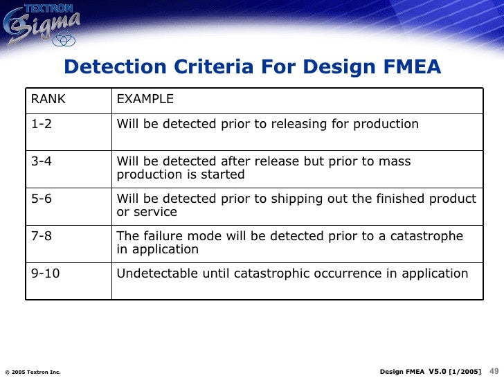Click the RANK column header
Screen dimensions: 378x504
[48, 99]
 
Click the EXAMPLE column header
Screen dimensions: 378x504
[145, 99]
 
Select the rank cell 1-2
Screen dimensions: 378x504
[41, 125]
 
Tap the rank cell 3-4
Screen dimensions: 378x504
[41, 161]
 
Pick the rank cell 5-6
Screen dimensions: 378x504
[41, 199]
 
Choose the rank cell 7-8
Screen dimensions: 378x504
[41, 236]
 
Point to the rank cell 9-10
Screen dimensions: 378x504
[45, 273]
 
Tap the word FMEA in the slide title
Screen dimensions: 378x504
[411, 67]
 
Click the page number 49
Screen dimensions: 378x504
[494, 371]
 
